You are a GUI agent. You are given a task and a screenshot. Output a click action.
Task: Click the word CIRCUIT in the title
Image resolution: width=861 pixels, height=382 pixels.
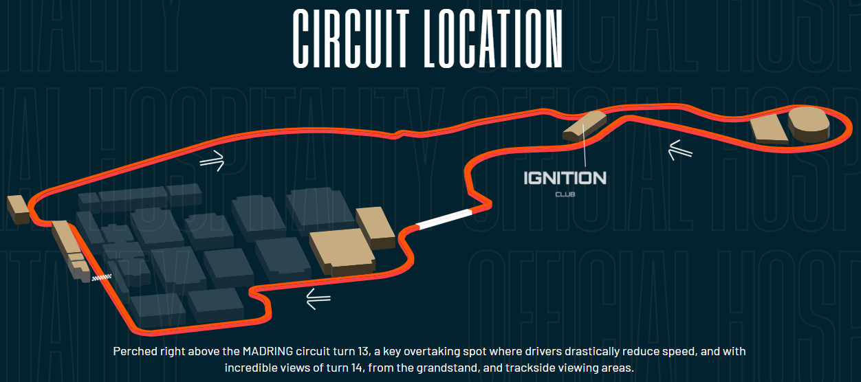(351, 38)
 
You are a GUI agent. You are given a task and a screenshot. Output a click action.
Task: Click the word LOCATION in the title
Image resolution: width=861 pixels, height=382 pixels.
(493, 38)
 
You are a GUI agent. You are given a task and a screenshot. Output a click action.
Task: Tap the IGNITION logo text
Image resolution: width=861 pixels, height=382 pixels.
(565, 178)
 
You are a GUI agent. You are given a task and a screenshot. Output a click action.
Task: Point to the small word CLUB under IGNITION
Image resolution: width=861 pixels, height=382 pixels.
(565, 194)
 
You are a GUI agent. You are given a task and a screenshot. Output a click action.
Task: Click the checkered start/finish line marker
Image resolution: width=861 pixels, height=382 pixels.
(102, 277)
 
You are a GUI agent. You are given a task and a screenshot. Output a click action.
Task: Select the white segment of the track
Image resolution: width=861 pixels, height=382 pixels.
(444, 220)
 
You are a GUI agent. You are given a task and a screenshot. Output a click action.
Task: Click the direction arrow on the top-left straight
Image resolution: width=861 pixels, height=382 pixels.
(212, 161)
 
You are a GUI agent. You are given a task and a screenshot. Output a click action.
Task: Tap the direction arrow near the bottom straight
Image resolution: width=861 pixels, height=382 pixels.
(318, 299)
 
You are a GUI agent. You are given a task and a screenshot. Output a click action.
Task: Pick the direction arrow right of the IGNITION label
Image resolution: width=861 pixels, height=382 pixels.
(680, 150)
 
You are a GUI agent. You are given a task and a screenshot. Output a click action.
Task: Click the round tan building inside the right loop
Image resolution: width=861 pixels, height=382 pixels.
(809, 124)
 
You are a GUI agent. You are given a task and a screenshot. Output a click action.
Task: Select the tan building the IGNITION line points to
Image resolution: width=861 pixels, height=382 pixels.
(585, 126)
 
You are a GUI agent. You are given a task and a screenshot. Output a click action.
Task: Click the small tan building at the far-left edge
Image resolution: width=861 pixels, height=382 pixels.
(18, 210)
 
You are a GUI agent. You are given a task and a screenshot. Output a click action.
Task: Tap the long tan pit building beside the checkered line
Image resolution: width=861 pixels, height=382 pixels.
(71, 249)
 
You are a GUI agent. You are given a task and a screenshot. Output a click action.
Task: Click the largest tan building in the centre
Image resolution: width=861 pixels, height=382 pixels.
(342, 251)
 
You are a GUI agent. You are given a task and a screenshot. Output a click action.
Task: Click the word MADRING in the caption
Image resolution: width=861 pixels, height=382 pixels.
(268, 351)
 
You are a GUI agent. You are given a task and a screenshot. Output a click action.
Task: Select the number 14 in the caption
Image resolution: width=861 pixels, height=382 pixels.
(357, 368)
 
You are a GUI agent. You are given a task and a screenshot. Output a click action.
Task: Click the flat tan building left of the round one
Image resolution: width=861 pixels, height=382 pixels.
(768, 129)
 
